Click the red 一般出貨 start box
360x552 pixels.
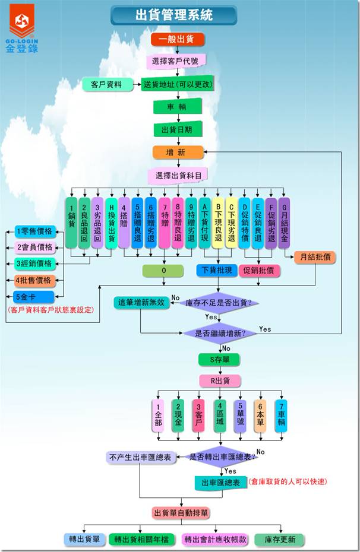click(178, 40)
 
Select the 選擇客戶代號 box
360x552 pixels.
click(176, 61)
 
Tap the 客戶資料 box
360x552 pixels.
click(106, 84)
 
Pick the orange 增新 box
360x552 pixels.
click(178, 153)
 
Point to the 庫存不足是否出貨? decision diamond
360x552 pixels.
click(219, 303)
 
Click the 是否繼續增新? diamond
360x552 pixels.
click(219, 333)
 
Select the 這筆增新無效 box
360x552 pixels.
click(141, 303)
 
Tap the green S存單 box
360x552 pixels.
click(219, 359)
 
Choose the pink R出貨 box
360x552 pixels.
click(219, 380)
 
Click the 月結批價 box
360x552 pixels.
click(315, 257)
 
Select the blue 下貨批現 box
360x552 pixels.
click(217, 271)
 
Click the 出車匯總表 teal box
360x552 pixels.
click(220, 483)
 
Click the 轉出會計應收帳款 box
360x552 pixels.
click(212, 540)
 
